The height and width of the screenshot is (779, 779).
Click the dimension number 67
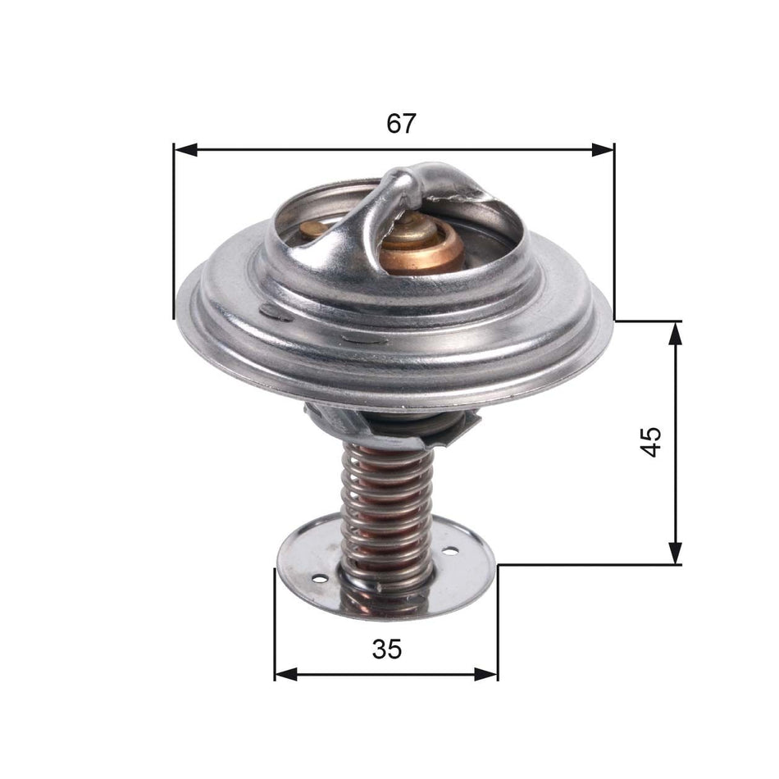[x=401, y=124]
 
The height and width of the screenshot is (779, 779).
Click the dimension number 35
[x=386, y=649]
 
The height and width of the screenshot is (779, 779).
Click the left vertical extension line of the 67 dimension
[x=174, y=230]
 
